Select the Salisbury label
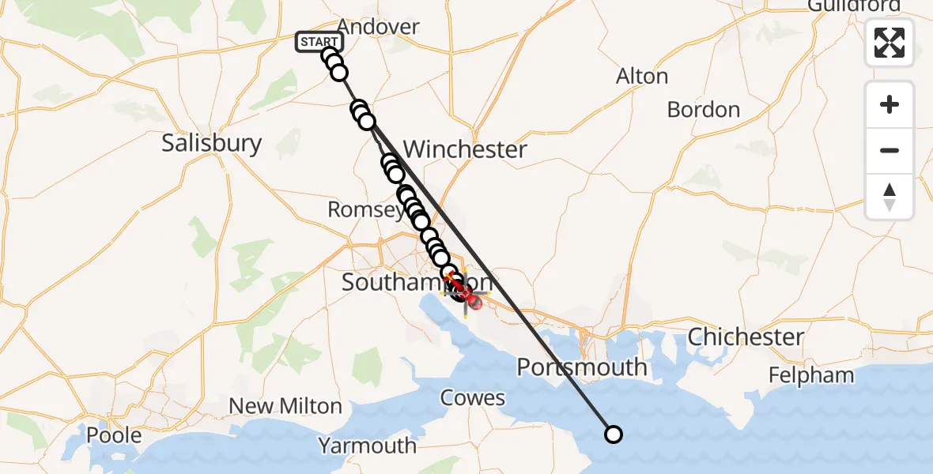coord(211,143)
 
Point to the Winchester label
coord(465,149)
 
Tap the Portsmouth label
coord(582,367)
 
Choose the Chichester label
coord(746,337)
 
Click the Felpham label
coord(811,374)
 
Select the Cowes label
coord(473,397)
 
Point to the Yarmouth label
coord(367,446)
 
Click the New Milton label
coord(285,406)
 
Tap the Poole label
coord(115,435)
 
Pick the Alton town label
coord(642,77)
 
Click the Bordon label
coord(704,109)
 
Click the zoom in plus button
coord(890,104)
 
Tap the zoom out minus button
coord(890,150)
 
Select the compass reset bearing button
coord(890,196)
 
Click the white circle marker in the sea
coord(613,434)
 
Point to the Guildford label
coord(854,6)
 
